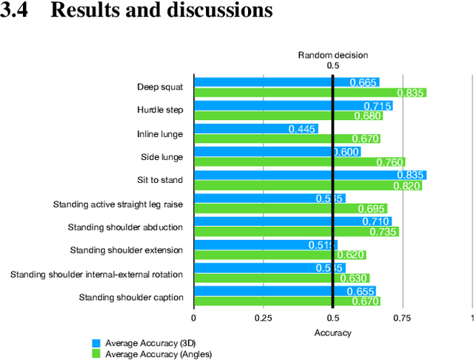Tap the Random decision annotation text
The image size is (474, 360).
[333, 55]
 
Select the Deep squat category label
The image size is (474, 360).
[160, 87]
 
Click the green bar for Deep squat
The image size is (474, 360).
[310, 93]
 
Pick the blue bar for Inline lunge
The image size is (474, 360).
[256, 129]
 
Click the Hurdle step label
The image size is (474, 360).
[160, 110]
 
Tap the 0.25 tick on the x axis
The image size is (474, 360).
[263, 318]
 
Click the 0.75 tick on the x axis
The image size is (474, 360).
[402, 318]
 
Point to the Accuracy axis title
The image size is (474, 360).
[333, 333]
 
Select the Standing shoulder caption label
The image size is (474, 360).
[131, 297]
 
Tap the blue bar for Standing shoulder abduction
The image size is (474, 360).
[293, 221]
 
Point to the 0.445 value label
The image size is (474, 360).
[302, 129]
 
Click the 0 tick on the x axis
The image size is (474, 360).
[194, 318]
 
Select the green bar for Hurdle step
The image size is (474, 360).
[288, 116]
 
